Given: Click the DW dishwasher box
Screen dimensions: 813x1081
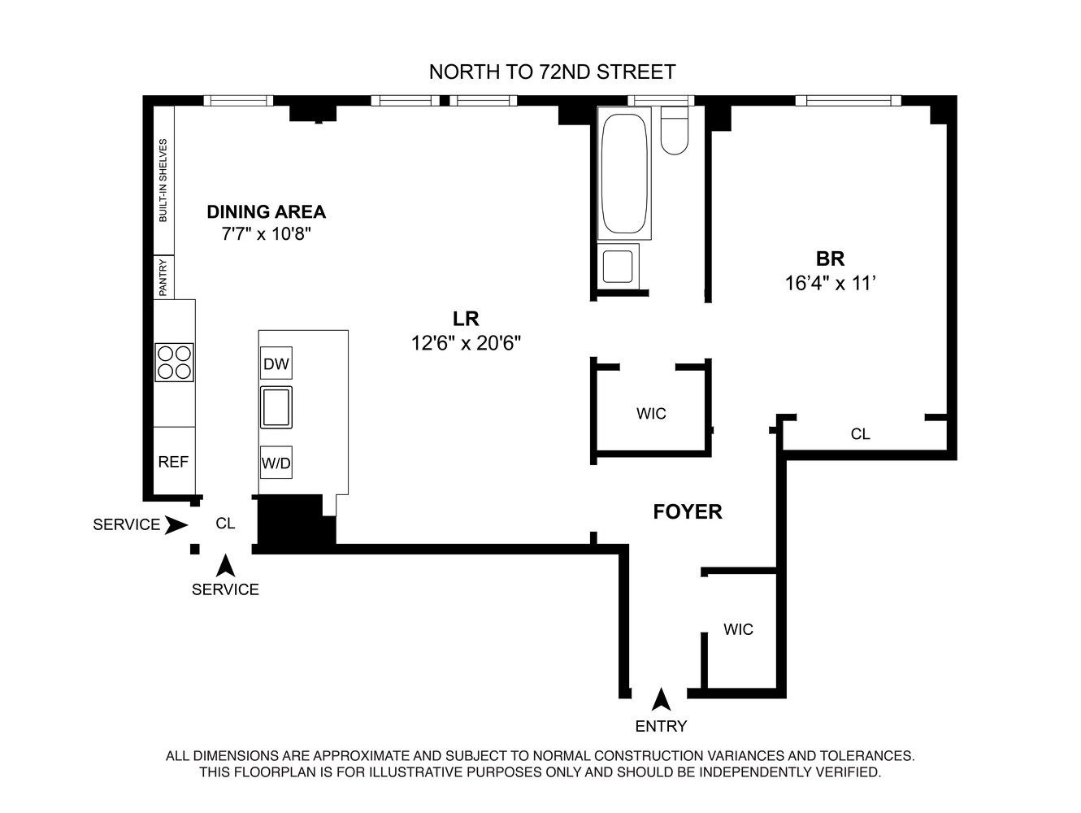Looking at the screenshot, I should (276, 363).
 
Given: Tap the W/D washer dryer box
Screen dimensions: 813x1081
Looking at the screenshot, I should (276, 463).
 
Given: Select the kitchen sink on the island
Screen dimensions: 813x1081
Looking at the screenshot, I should (276, 407).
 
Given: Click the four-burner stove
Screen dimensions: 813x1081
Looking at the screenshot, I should (175, 363).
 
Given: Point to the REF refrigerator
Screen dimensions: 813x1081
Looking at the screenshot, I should (173, 462).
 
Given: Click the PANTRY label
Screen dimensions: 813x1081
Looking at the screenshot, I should (163, 277).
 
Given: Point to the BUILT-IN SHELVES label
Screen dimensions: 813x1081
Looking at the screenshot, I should (163, 180).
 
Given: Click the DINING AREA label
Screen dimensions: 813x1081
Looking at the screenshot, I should (266, 212).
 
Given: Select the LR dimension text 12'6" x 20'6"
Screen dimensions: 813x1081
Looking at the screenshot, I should (466, 344).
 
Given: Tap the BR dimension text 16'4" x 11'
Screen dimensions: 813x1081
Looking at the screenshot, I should (830, 284).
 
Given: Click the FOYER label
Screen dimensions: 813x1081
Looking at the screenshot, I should (688, 511).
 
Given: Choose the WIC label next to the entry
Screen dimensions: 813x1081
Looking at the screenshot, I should (738, 629).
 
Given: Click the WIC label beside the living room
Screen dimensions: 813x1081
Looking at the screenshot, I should (651, 414).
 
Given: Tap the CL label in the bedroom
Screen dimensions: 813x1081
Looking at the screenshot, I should (860, 434).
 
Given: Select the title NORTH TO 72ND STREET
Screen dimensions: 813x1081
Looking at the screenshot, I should (552, 72).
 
